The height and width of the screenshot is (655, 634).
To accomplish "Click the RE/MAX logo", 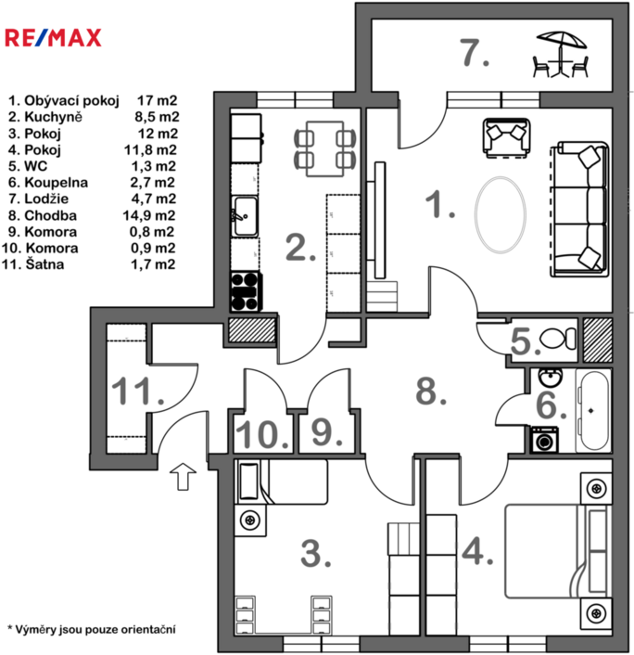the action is pos(53,38).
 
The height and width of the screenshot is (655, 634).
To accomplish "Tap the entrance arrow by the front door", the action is pos(183,476).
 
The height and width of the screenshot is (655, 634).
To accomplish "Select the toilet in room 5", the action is pos(558,339).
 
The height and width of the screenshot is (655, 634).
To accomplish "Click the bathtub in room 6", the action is pos(593,411).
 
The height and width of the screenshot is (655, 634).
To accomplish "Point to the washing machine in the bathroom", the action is pos(544,440).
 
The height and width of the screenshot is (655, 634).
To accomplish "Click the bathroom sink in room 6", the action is pos(551,378).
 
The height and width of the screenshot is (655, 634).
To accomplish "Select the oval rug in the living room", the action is pos(500,214).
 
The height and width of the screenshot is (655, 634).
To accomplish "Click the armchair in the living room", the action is pos(507,138).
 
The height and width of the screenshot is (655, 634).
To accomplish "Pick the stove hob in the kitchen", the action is pos(246,291).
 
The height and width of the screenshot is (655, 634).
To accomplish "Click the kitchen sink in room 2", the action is pos(245,216).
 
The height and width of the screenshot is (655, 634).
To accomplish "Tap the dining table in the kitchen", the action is pos(325,148).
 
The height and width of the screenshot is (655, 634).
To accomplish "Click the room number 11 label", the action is pos(138,391).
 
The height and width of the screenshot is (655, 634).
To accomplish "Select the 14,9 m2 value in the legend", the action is pos(149,215).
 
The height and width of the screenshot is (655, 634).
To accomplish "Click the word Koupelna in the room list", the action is pos(57,183).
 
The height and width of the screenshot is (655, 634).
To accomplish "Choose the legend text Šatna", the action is pos(44,264).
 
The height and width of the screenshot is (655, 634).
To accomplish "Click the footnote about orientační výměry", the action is pos(92,629).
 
